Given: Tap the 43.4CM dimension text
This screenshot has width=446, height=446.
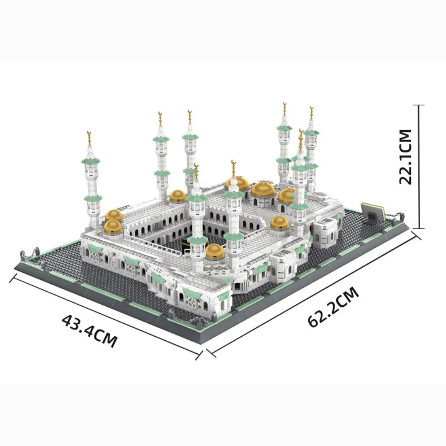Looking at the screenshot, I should click(89, 331).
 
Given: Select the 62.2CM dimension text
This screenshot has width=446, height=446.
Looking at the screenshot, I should click(333, 307).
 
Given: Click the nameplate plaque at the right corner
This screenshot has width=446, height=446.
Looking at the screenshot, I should click(373, 211).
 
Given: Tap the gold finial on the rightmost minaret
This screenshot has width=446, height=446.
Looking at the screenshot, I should click(311, 110).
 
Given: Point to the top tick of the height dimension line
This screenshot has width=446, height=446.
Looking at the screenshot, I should click(418, 105).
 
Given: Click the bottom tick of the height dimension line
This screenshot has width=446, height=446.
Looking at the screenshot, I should click(418, 227).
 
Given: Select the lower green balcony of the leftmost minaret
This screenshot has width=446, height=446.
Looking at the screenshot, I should click(93, 198).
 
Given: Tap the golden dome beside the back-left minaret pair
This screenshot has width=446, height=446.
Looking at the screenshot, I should click(178, 196).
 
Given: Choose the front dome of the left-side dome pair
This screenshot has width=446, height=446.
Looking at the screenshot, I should click(113, 227).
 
